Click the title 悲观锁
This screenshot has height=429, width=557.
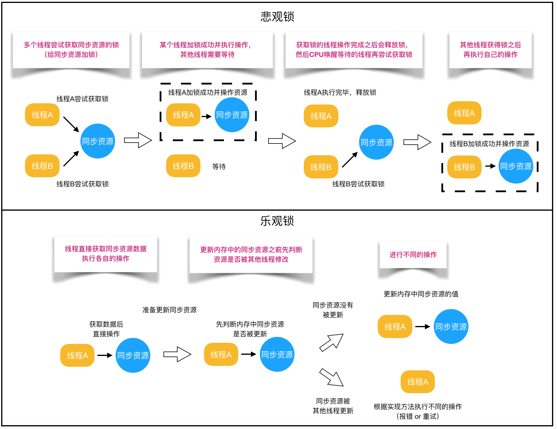277,16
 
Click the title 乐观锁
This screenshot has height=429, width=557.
277,221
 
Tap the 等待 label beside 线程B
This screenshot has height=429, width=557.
219,167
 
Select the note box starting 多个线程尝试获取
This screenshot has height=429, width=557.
71,50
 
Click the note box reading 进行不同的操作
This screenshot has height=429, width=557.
413,255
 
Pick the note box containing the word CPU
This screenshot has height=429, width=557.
354,50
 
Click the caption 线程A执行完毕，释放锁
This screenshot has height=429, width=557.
340,92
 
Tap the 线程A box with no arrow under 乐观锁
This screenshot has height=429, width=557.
418,382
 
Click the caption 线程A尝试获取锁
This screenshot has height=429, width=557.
82,99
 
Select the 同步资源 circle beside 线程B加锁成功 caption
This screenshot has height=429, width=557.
516,166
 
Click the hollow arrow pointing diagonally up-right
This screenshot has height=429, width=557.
332,342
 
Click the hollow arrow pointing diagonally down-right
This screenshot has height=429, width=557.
332,377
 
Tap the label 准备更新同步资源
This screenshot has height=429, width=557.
169,310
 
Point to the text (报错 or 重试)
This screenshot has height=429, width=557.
417,416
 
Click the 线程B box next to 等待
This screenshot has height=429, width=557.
183,166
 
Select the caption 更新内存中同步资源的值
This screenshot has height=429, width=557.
421,294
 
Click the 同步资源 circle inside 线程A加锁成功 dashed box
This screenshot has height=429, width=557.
232,115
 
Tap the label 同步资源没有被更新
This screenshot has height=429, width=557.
333,310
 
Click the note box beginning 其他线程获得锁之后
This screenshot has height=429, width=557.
490,50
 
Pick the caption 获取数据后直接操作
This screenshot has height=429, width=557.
106,329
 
